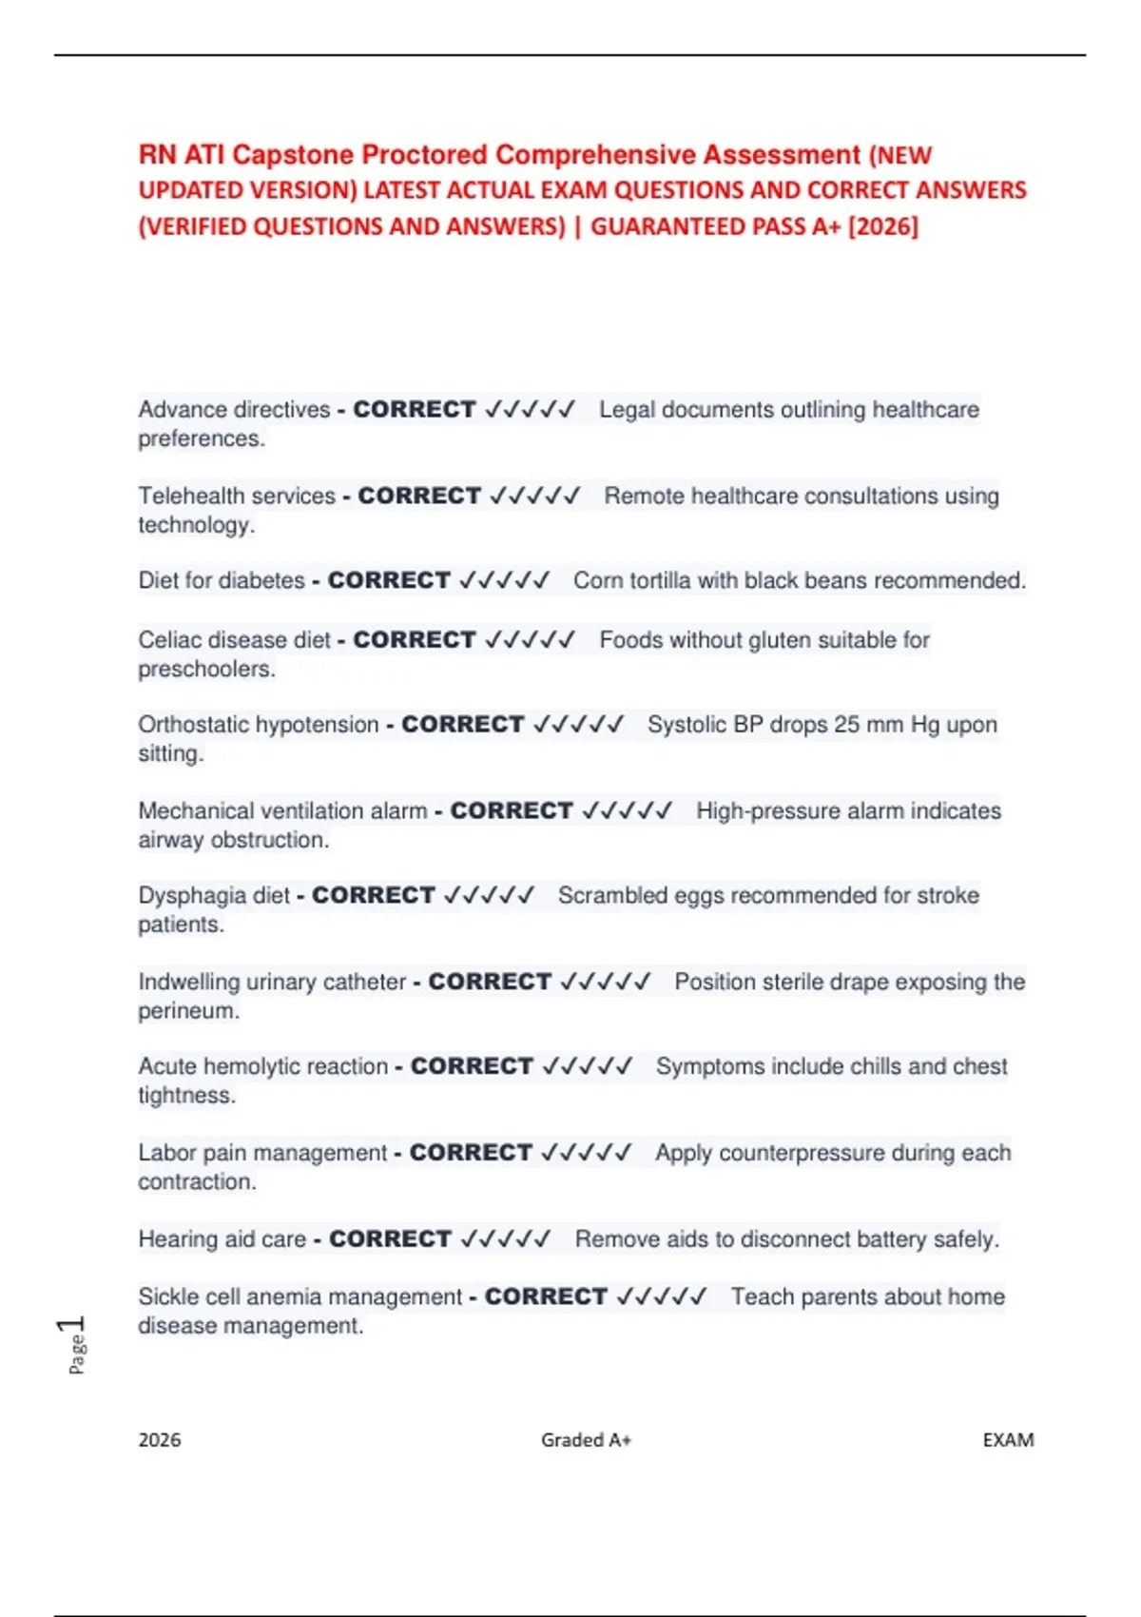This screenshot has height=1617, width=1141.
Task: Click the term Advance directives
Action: point(234,410)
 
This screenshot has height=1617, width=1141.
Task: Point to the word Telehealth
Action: point(187,497)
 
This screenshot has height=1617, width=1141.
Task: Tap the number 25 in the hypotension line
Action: point(846,725)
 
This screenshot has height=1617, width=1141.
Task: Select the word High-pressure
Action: point(752,811)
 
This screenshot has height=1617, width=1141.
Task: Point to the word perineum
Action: point(187,1011)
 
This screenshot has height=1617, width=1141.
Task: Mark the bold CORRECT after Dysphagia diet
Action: point(373,896)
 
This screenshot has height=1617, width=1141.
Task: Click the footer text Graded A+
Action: point(586,1440)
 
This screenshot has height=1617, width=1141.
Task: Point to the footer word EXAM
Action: point(1008,1440)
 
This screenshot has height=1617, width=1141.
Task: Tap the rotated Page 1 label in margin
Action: point(74,1345)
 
